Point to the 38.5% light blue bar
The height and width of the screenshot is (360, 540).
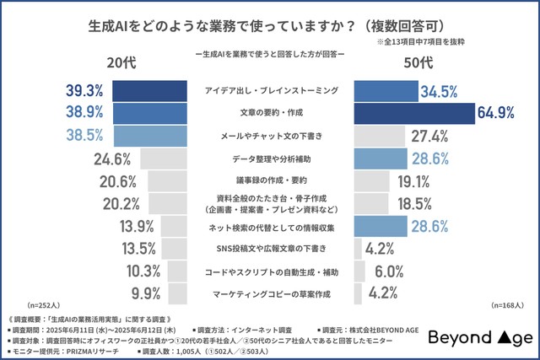click(150, 135)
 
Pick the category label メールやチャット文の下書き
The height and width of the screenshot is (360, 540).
click(271, 135)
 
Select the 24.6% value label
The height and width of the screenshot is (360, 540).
click(111, 158)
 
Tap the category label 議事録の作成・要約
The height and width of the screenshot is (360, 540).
click(271, 180)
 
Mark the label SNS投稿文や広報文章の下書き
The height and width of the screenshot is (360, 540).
click(271, 249)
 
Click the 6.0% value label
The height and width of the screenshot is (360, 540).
click(389, 271)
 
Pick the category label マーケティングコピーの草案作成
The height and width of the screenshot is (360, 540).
click(271, 294)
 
